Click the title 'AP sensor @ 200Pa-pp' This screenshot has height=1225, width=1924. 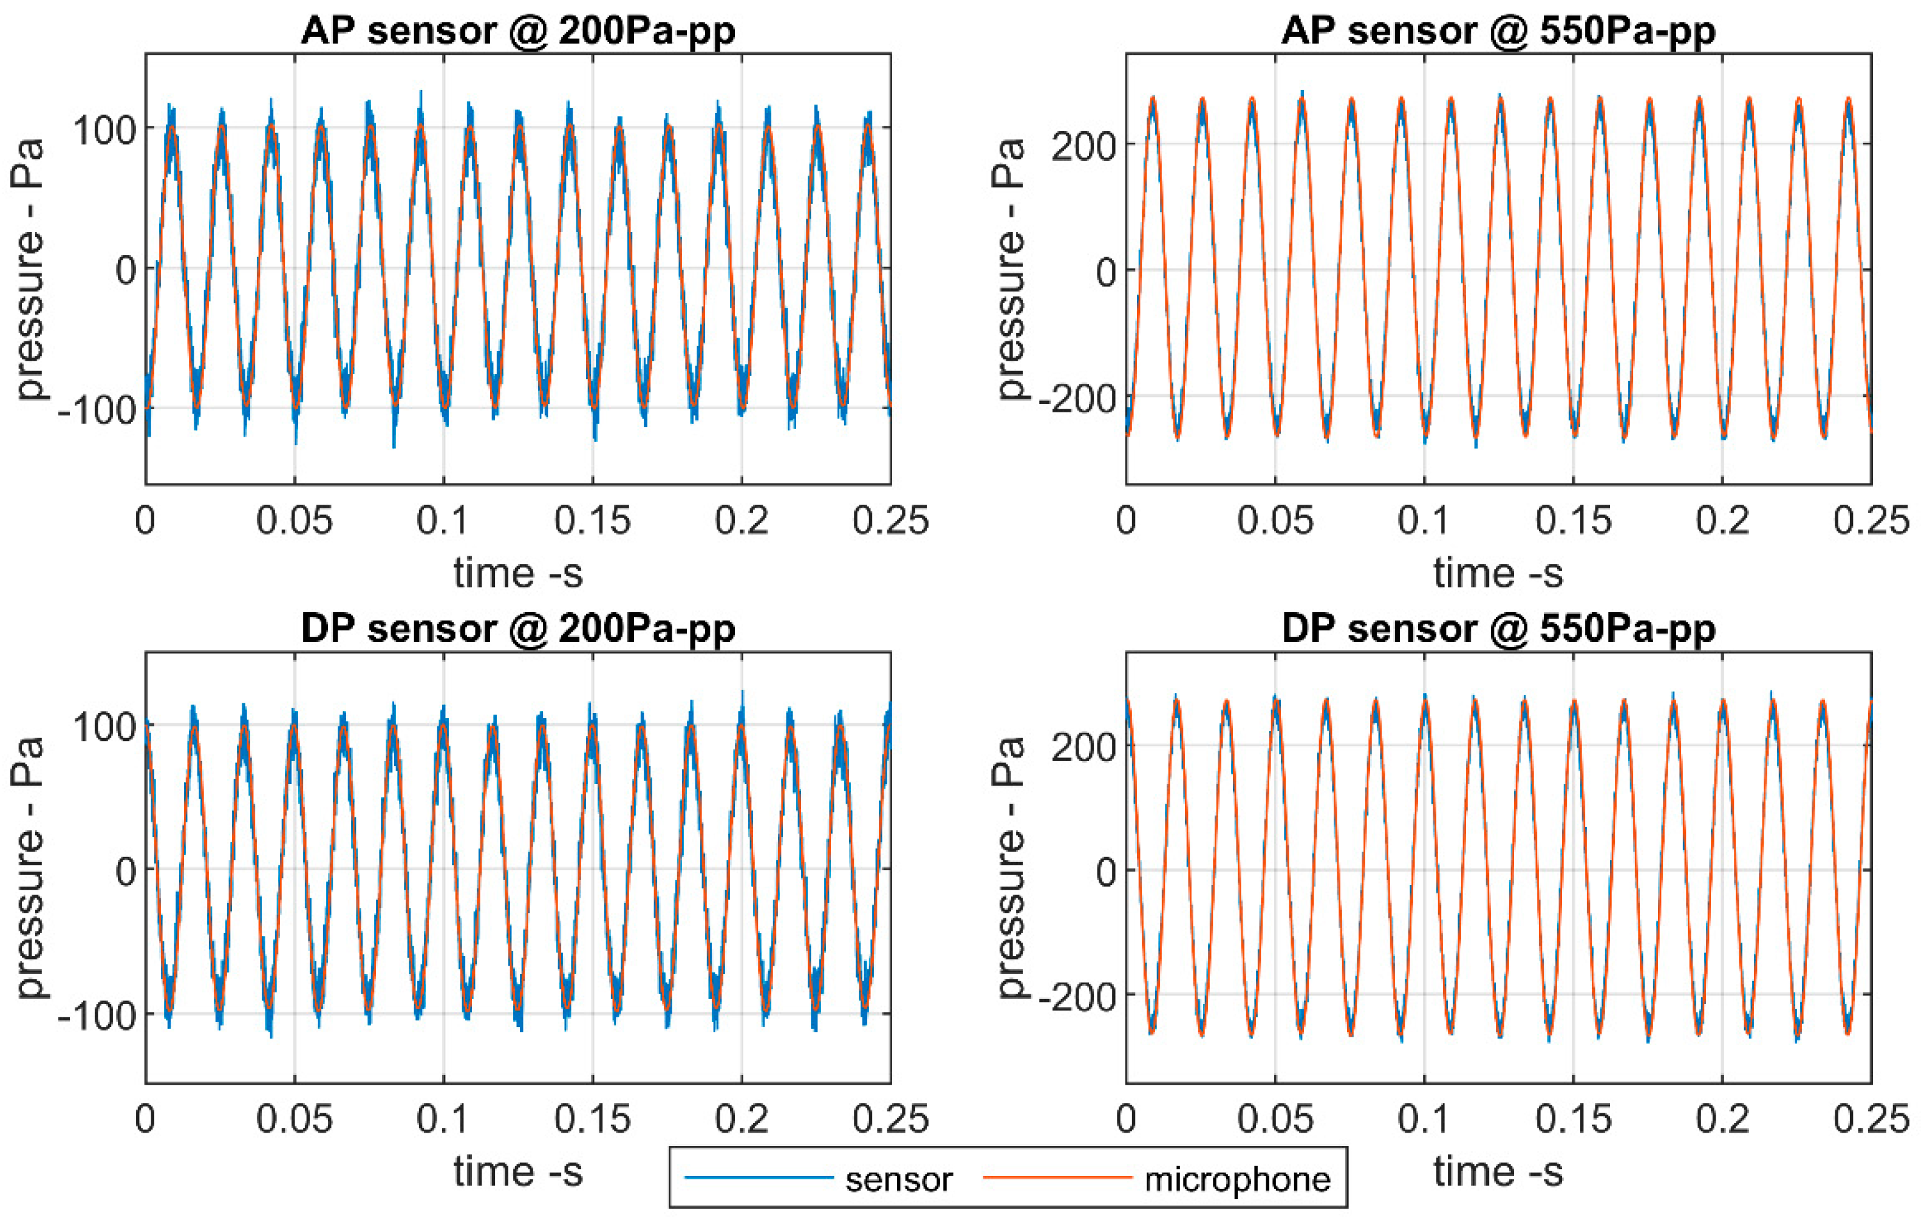point(518,31)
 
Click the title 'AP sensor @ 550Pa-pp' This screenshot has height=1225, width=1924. point(1498,31)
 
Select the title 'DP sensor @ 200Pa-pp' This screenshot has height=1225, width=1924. point(518,629)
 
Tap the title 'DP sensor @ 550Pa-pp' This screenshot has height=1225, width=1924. point(1498,629)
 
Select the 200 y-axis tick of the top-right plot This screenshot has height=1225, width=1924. point(1083,146)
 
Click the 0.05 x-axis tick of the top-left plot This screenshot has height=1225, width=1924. point(294,521)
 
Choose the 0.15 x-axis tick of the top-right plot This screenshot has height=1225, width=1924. point(1573,521)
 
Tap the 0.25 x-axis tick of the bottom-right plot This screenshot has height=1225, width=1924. point(1871,1119)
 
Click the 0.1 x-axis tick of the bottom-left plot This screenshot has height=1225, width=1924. point(443,1119)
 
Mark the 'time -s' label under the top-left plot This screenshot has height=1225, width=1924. point(518,573)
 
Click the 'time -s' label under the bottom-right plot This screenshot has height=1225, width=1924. point(1498,1172)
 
